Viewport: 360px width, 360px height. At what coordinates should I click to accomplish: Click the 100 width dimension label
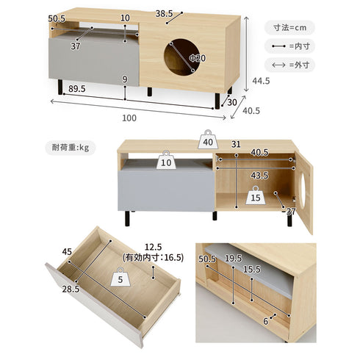129,118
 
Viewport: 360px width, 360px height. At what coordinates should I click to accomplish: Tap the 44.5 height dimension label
261,81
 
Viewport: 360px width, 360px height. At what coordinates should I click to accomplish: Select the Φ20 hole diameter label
198,58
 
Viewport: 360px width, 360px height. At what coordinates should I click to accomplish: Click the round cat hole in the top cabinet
181,57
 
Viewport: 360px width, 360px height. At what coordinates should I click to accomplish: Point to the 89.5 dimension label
77,89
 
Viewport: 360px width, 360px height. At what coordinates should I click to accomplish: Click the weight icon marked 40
208,140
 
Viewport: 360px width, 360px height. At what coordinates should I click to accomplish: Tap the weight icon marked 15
256,195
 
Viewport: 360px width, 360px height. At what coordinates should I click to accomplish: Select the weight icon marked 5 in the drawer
120,277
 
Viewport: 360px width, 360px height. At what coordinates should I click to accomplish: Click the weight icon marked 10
166,160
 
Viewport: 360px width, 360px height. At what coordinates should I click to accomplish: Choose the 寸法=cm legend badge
289,28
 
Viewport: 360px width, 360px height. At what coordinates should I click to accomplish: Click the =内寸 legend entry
289,46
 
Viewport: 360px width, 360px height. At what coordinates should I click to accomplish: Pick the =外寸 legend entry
289,65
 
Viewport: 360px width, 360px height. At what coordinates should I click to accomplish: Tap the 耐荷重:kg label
71,148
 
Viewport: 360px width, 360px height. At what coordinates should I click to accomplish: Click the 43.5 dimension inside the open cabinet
259,176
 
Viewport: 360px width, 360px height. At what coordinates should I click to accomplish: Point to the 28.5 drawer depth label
71,289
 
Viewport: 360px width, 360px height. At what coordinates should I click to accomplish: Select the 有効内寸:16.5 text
154,258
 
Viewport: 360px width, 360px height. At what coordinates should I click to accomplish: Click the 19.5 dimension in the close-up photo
233,258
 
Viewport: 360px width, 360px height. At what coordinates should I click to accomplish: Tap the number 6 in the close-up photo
266,321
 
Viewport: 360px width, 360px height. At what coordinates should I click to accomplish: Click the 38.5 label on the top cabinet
164,14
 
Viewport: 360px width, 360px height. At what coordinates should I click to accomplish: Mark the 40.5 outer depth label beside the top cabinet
251,111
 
